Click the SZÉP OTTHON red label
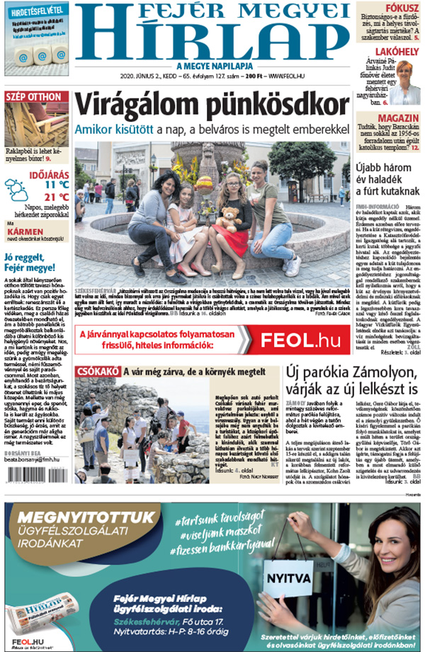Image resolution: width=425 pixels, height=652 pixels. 35,96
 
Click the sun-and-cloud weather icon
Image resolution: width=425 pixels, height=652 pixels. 17,190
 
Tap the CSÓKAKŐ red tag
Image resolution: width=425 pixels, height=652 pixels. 97,372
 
